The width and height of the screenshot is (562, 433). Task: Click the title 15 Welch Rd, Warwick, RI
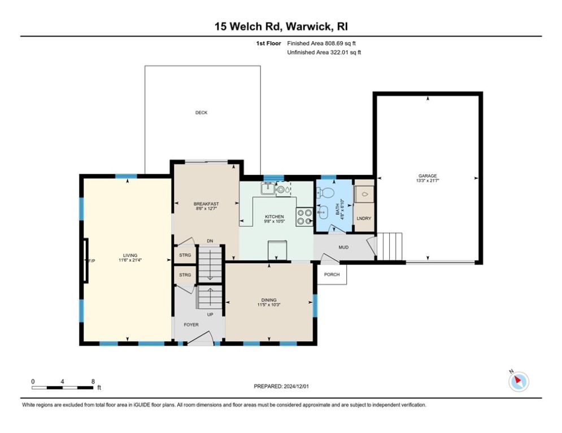[281, 26]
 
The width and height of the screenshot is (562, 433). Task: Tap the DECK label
[201, 113]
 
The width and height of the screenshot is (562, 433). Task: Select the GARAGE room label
[428, 176]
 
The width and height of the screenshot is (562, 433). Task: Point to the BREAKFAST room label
[206, 204]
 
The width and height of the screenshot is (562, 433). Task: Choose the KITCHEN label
[275, 216]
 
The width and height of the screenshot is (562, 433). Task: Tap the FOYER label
[191, 325]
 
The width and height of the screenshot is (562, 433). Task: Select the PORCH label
[331, 275]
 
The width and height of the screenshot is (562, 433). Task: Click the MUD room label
[343, 247]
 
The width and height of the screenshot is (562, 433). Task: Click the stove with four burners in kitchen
[304, 217]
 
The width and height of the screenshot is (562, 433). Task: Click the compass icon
[518, 382]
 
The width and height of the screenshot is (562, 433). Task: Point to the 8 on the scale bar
[93, 382]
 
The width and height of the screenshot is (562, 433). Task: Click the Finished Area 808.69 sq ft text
[321, 43]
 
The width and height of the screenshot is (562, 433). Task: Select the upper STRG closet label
[185, 255]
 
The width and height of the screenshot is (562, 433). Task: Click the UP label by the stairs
[210, 314]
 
